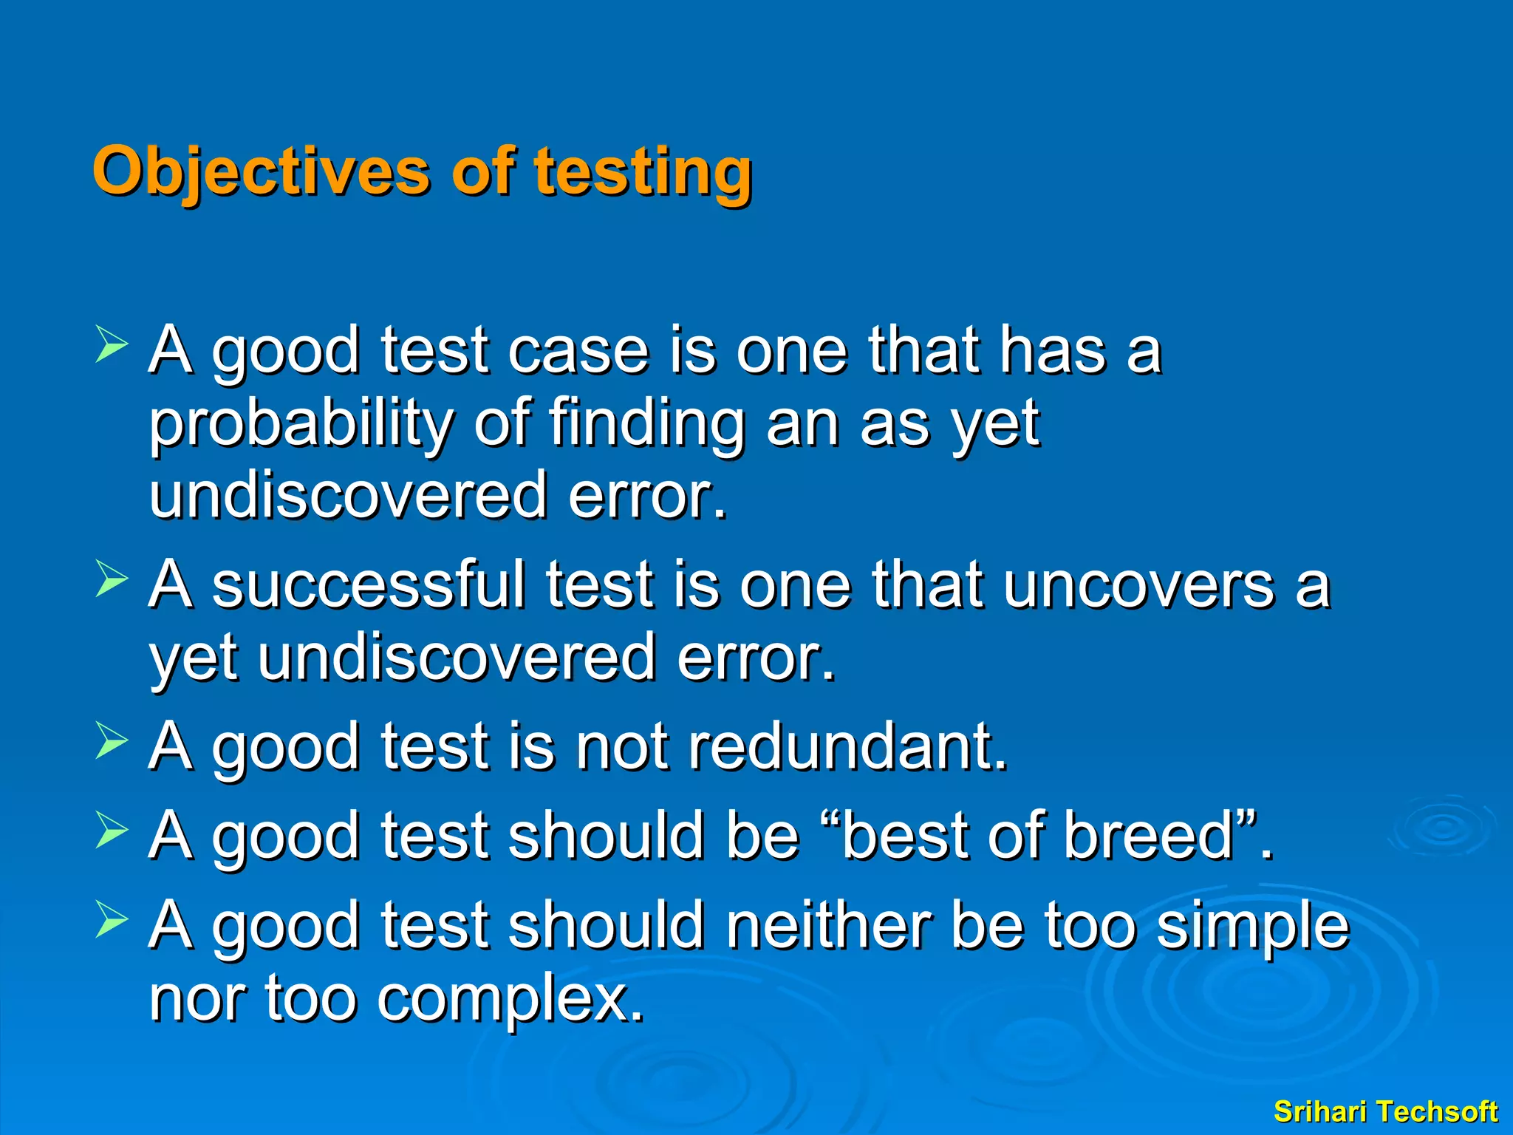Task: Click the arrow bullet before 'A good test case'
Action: tap(112, 346)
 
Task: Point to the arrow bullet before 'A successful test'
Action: tap(112, 580)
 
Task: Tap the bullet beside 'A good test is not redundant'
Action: tap(112, 741)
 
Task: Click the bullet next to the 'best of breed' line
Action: tap(112, 831)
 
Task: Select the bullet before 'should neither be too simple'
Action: tap(112, 920)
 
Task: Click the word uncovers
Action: tap(1138, 585)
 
